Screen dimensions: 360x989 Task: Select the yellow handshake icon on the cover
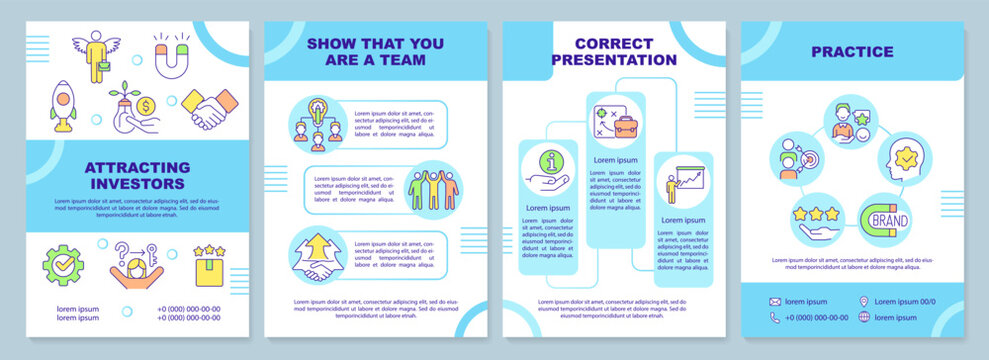(209, 109)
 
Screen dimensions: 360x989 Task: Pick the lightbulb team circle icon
(318, 124)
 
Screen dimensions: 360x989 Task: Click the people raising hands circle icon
(435, 186)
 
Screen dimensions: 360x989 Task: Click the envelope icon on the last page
(775, 301)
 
